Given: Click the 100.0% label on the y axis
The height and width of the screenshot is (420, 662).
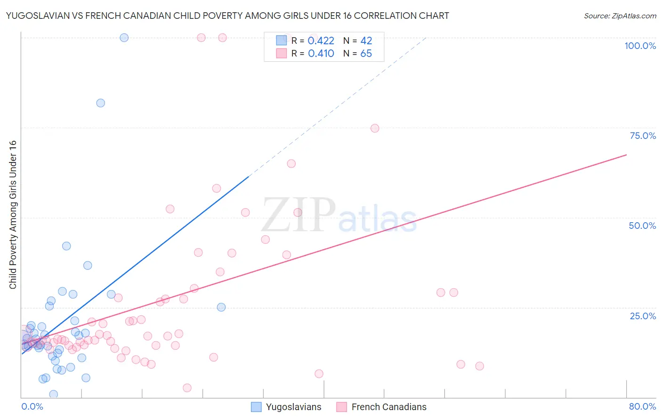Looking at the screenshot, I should [640, 46].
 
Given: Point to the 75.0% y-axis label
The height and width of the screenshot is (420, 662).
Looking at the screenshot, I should [643, 136].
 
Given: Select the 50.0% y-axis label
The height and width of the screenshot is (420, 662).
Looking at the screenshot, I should [642, 226].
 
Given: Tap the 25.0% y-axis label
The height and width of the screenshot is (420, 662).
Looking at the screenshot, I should [643, 316].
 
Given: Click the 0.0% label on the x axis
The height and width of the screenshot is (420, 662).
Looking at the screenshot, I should [32, 406].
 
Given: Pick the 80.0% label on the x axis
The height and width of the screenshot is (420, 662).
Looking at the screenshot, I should [642, 406].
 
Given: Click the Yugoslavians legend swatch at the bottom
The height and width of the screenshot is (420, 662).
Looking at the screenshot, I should [256, 407].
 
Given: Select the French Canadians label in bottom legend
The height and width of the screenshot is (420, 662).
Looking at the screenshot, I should [389, 407].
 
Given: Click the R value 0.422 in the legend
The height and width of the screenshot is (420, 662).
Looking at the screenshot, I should [321, 40].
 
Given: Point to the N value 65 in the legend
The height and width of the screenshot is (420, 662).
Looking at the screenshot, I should [366, 54].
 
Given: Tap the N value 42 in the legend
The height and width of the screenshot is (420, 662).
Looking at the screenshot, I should [366, 40].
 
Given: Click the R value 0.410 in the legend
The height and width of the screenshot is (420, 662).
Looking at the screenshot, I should [321, 54].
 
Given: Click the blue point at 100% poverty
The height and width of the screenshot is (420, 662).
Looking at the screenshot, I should [124, 38].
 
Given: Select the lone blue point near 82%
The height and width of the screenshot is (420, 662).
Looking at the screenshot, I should [100, 103].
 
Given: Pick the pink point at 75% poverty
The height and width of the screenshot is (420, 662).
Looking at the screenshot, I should [375, 129].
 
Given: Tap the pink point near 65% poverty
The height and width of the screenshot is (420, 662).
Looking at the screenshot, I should [291, 164].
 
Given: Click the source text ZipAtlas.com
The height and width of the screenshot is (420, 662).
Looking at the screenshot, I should [620, 16].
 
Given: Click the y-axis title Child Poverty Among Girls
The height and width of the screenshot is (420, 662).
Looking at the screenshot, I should [13, 214].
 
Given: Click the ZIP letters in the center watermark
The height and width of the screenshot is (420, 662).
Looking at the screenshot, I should [299, 215].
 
